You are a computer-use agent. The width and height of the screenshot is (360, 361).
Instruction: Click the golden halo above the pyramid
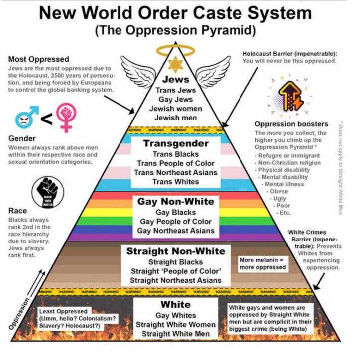[x=176, y=50]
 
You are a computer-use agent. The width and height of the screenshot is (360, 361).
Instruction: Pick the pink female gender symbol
[x=66, y=116]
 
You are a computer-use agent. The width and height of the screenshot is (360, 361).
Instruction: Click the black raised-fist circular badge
[x=45, y=191]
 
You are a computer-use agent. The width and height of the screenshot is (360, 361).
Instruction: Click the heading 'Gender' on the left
[x=22, y=139]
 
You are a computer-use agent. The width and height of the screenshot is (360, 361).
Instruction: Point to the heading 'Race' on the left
[x=18, y=211]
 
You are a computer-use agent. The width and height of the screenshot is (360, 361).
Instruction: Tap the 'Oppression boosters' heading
[x=291, y=124]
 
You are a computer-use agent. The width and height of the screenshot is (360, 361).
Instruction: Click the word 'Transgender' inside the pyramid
[x=175, y=143]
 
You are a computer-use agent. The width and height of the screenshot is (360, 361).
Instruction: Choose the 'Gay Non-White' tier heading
[x=175, y=202]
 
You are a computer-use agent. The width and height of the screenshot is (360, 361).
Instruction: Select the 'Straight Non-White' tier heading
[x=176, y=251]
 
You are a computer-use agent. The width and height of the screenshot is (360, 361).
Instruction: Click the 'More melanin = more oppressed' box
[x=262, y=263]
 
